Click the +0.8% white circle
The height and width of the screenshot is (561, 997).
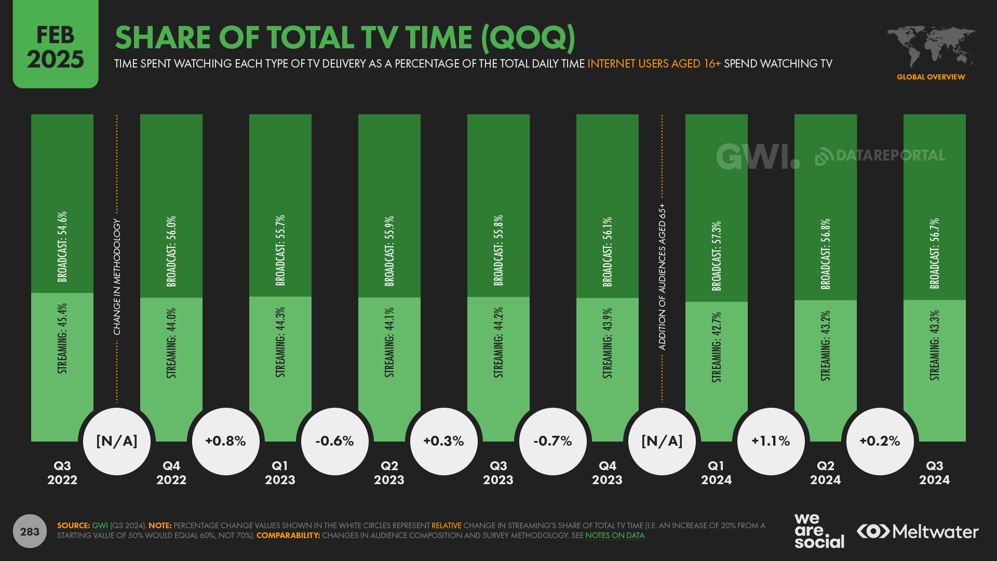[x=225, y=441]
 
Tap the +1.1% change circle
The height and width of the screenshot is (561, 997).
[x=771, y=441]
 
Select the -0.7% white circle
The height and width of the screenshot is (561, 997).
[x=553, y=441]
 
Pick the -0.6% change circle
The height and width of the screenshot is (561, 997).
[x=334, y=441]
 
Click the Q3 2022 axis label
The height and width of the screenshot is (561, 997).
[x=62, y=473]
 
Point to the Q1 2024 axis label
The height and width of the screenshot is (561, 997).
[x=716, y=473]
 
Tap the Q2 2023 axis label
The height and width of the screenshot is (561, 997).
[x=389, y=473]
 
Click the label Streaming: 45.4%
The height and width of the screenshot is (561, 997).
[x=62, y=339]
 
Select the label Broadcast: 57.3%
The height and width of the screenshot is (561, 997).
[x=717, y=256]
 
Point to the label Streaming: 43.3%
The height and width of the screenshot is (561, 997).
[x=935, y=345]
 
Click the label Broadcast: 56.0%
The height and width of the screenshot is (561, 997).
[x=171, y=251]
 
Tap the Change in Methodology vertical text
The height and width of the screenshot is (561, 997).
[x=117, y=277]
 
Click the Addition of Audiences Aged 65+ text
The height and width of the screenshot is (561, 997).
[x=662, y=277]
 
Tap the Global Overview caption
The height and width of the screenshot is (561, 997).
[x=931, y=77]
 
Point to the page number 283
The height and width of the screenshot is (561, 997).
[x=30, y=531]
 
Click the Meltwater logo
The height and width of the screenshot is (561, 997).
[x=918, y=531]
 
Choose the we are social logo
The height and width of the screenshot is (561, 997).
[x=818, y=531]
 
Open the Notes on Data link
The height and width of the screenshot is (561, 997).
[x=615, y=536]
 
